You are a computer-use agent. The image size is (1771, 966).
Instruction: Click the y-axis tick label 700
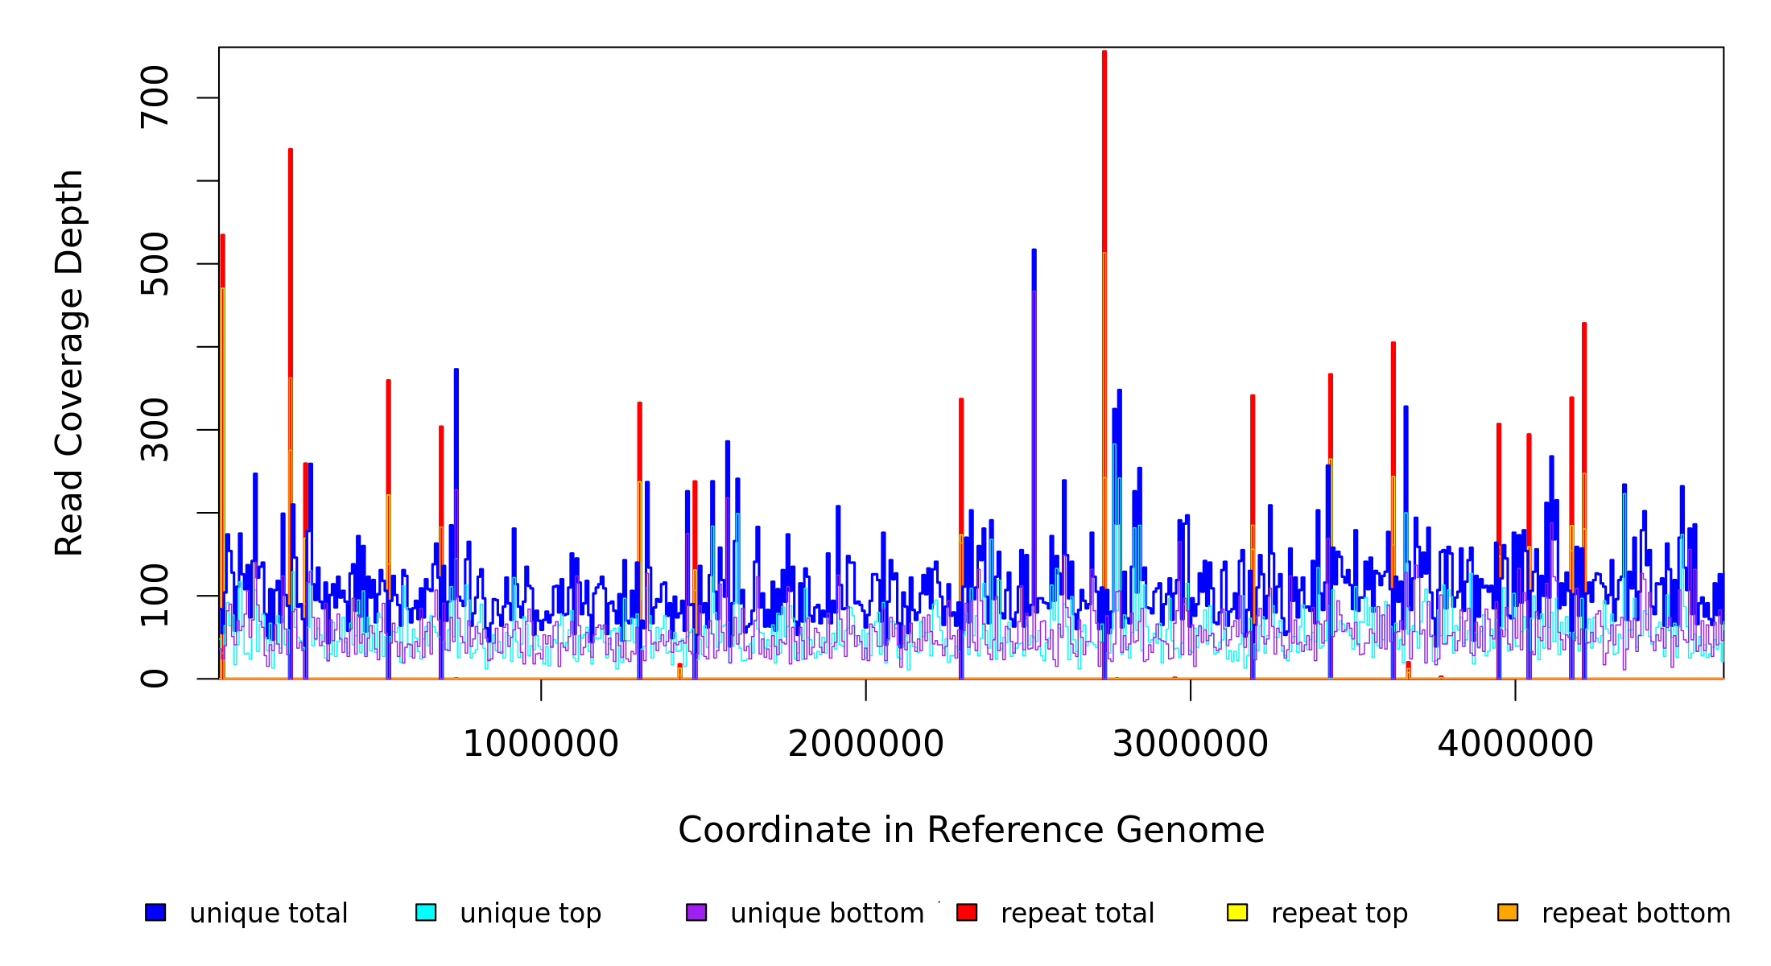click(155, 97)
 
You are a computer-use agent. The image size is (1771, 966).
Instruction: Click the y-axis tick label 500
click(155, 263)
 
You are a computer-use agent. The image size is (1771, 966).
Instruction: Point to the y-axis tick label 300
click(155, 429)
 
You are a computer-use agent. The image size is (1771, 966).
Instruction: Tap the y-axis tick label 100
click(155, 595)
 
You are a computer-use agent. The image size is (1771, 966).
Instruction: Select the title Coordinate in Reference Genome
click(971, 831)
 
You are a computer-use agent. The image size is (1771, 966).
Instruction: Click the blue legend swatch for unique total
click(155, 912)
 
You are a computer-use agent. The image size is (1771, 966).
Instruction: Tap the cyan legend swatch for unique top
click(426, 912)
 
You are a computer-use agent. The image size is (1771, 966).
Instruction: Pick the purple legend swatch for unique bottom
click(696, 912)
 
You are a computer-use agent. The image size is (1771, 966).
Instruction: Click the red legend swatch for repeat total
click(967, 912)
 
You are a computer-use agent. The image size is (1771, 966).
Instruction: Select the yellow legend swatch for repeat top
click(1237, 912)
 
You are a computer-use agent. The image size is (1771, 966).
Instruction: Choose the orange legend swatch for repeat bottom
click(1508, 912)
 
